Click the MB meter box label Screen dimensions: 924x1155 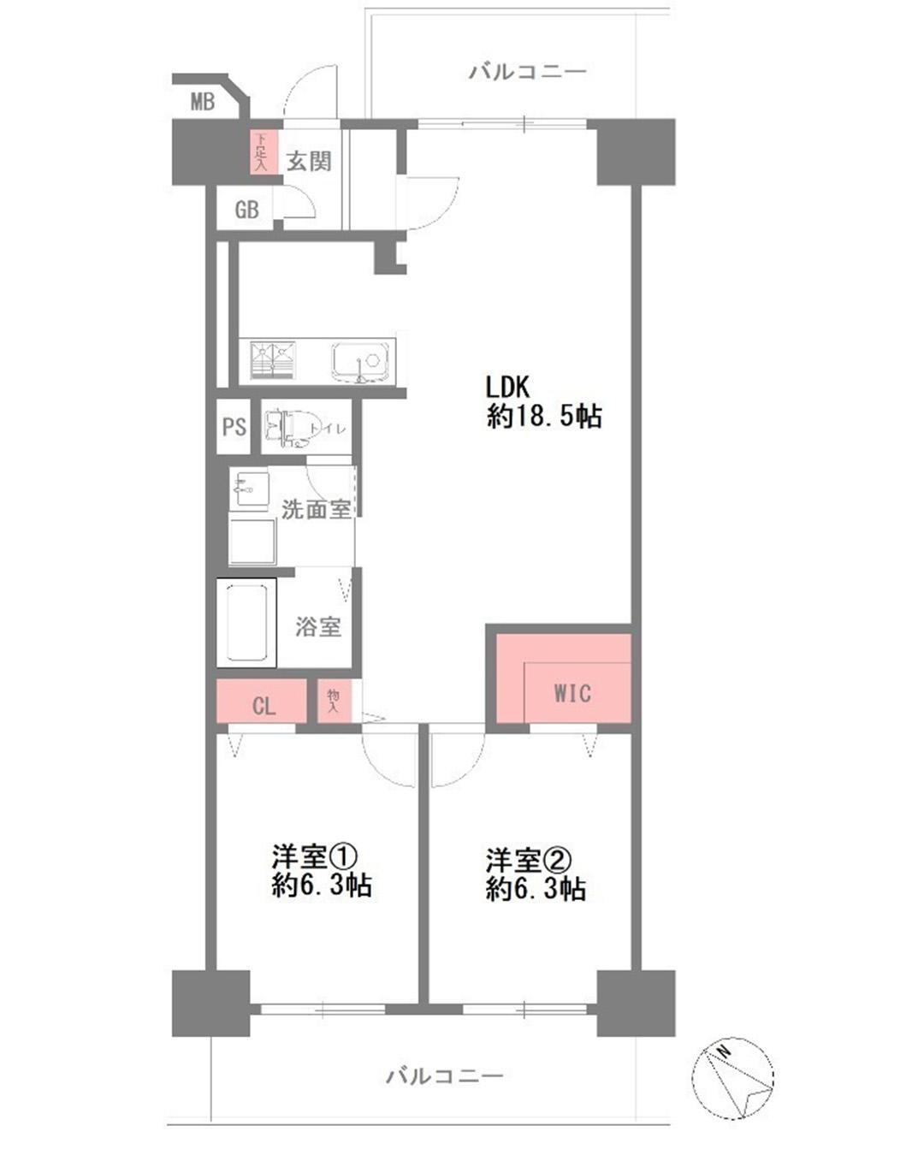pyautogui.click(x=203, y=102)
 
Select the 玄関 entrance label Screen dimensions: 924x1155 pyautogui.click(x=309, y=161)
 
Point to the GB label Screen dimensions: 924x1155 pyautogui.click(x=246, y=210)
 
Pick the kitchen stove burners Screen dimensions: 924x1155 pyautogui.click(x=273, y=360)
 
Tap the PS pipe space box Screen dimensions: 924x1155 pyautogui.click(x=234, y=427)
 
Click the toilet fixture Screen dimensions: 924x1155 pyautogui.click(x=289, y=428)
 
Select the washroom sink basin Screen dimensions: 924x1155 pyautogui.click(x=249, y=489)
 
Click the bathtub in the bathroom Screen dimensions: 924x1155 pyautogui.click(x=247, y=623)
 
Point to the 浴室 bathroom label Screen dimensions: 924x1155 pyautogui.click(x=318, y=626)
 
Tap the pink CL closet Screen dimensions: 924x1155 pyautogui.click(x=262, y=701)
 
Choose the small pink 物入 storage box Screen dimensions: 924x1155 pyautogui.click(x=334, y=701)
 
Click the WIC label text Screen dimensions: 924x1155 pyautogui.click(x=572, y=694)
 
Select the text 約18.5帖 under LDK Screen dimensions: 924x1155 pyautogui.click(x=544, y=416)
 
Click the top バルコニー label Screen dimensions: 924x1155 pyautogui.click(x=528, y=71)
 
